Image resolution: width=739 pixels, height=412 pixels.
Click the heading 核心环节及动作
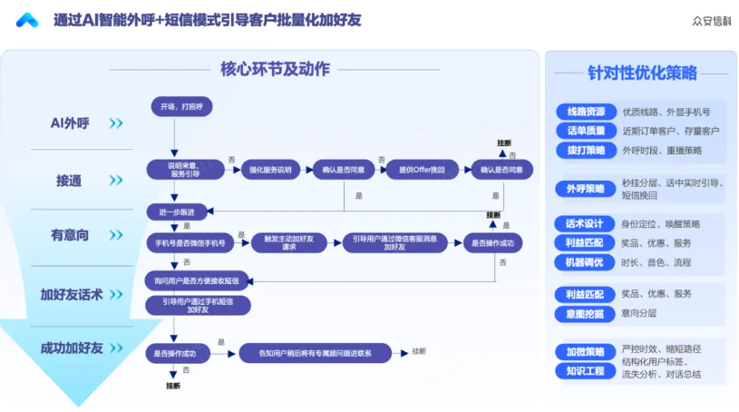pos(275,69)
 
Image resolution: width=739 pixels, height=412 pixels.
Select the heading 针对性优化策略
pos(642,73)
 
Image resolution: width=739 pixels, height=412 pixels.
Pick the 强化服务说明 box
pos(271,169)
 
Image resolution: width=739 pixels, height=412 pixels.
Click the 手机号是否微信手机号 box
pos(187,243)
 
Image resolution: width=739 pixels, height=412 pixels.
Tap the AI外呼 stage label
pos(76,123)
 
